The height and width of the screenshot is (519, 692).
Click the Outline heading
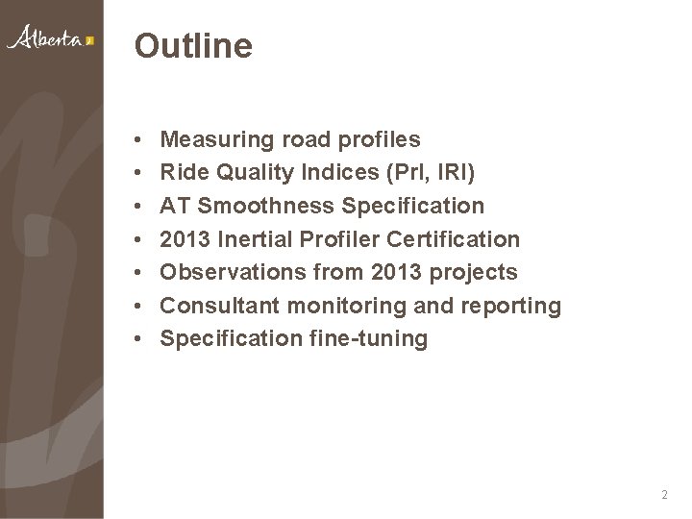[x=194, y=45]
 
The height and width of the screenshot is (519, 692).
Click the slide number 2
[x=665, y=495]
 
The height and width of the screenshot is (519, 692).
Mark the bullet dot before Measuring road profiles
[x=139, y=141]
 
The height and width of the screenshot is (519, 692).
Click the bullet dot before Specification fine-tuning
[x=139, y=338]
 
